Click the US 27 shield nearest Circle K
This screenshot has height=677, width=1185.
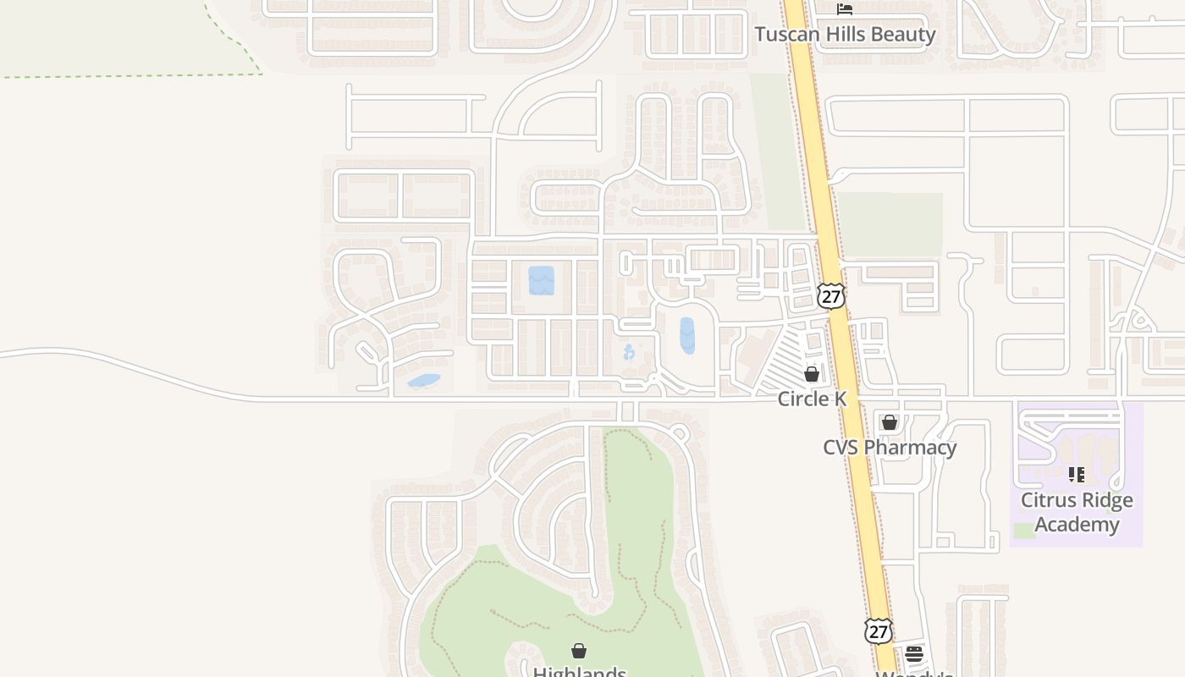coord(831,296)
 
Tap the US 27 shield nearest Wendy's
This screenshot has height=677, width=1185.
coord(878,630)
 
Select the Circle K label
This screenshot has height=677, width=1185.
coord(812,399)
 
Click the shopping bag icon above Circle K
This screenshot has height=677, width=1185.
coord(812,373)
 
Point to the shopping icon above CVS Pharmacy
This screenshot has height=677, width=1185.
coord(889,421)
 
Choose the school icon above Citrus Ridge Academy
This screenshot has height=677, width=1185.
coord(1076,475)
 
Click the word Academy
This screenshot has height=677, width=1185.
coord(1077,525)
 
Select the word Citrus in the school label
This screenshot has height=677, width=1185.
coord(1047,500)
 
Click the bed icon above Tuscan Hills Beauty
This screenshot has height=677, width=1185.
coord(844,9)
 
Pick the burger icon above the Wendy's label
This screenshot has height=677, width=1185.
coord(913,653)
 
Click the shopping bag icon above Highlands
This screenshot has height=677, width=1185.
coord(579,651)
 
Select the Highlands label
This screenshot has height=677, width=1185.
coord(579,672)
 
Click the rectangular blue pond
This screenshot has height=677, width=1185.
coord(541,280)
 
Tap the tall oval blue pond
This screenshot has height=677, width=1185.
coord(687,335)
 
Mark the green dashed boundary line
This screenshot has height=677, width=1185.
coord(127,75)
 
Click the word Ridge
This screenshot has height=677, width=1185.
coord(1106,500)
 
